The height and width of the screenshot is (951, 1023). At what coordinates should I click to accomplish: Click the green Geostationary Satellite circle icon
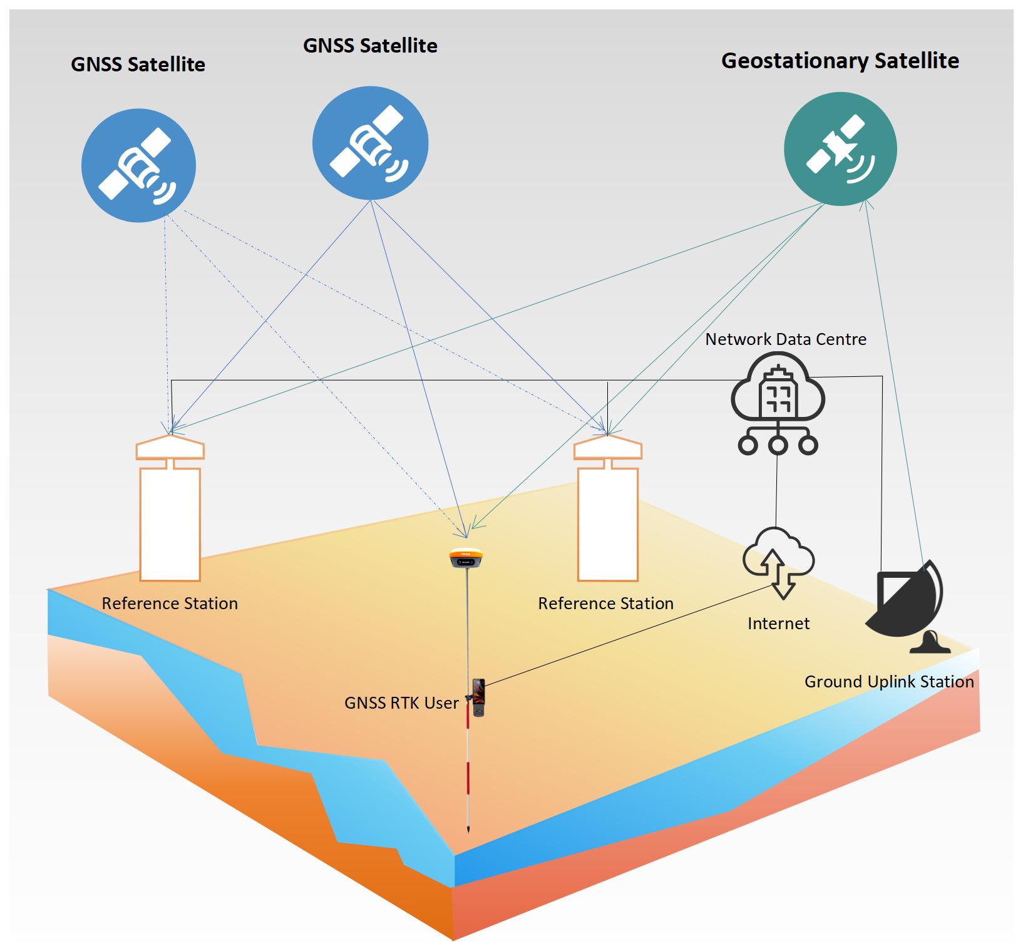click(840, 149)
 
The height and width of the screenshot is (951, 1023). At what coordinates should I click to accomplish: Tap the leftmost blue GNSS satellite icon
click(138, 166)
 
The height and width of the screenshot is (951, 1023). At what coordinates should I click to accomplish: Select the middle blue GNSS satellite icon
click(370, 143)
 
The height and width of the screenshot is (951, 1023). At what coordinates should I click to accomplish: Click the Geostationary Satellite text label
click(840, 61)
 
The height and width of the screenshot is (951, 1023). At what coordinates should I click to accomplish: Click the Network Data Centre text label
click(786, 339)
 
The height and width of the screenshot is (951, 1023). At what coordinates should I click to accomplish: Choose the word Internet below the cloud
click(778, 624)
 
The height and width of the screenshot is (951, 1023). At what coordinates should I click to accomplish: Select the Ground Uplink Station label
click(889, 682)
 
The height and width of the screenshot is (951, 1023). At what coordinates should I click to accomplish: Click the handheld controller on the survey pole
click(479, 697)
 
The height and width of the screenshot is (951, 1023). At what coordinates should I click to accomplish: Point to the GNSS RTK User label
click(401, 703)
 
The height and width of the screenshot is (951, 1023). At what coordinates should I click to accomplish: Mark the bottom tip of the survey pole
click(468, 831)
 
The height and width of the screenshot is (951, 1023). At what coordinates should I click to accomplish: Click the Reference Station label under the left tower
click(170, 604)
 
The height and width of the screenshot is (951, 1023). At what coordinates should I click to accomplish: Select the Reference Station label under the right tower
click(605, 604)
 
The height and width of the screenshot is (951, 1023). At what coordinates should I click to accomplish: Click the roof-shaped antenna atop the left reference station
click(170, 447)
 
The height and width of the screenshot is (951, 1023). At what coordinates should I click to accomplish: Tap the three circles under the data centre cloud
click(778, 445)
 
